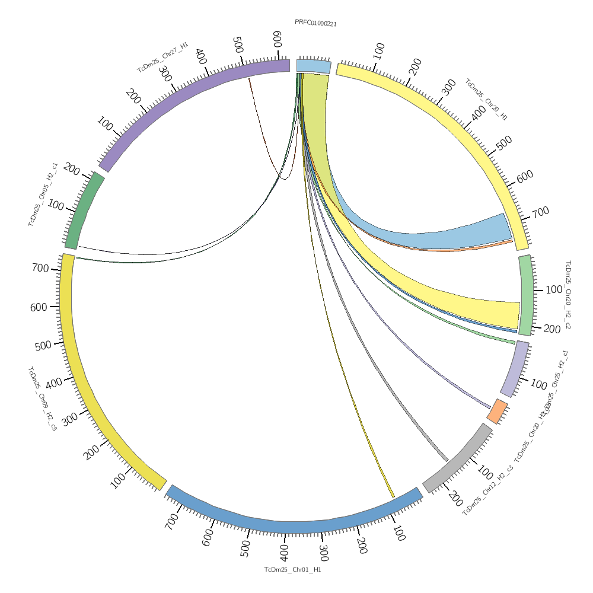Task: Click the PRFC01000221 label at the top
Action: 315,23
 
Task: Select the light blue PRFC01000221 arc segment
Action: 313,66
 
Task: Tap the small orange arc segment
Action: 498,410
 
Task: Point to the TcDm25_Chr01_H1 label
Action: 292,569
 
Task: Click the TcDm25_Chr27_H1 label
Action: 162,58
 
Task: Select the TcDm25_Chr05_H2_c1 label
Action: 42,194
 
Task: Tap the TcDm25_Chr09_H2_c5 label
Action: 42,398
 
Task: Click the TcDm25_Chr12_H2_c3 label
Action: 487,490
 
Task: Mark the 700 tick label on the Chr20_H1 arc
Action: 540,212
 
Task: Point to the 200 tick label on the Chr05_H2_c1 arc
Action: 72,170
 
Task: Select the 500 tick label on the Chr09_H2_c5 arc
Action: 43,346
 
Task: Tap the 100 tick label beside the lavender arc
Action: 538,384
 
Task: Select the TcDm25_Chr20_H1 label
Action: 486,100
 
